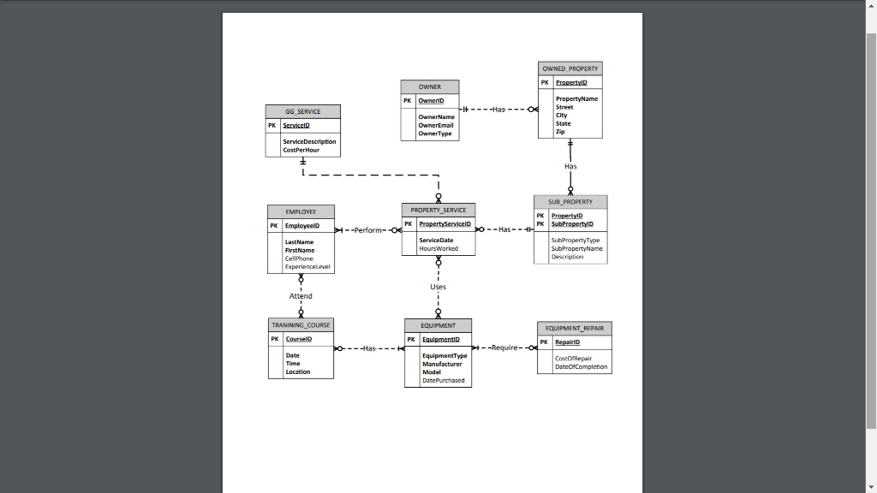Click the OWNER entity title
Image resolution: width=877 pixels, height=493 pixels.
[x=430, y=86]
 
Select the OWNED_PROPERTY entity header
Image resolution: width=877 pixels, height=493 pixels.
[x=570, y=68]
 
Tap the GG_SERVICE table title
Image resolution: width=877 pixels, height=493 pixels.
[x=303, y=111]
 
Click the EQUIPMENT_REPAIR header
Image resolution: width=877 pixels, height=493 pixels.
[x=575, y=328]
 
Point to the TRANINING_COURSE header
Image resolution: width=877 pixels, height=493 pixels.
[x=301, y=325]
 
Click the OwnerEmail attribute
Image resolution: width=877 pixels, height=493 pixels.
[x=436, y=125]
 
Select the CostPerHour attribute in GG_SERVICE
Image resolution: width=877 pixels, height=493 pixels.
[x=302, y=149]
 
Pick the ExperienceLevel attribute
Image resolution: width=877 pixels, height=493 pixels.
[x=307, y=266]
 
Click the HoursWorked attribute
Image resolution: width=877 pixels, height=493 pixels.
[x=438, y=248]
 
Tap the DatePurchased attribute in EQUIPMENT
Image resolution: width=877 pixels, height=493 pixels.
[x=444, y=380]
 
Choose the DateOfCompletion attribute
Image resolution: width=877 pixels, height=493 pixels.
[x=581, y=366]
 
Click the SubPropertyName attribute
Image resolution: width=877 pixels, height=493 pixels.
[x=576, y=248]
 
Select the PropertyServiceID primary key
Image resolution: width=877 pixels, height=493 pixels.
[x=444, y=223]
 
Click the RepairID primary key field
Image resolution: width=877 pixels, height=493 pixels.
[x=567, y=342]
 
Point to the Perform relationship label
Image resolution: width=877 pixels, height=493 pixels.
[x=368, y=230]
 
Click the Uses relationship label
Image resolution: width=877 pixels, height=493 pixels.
[x=438, y=287]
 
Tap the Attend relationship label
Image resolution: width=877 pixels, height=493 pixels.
[x=301, y=296]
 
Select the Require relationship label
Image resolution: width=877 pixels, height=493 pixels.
[x=504, y=347]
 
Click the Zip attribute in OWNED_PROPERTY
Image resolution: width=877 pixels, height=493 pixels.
[x=560, y=132]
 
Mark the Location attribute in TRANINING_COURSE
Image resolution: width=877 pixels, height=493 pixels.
[x=298, y=371]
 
